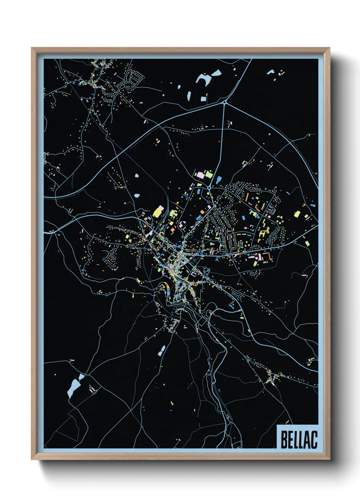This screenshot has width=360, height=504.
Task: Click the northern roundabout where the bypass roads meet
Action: [225, 102]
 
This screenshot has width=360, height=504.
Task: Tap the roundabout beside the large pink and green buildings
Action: [209, 187]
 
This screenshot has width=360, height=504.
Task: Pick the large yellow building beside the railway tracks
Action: [158, 212]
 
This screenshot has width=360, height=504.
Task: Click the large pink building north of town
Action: [201, 175]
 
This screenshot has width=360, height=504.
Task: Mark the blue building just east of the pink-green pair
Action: [218, 179]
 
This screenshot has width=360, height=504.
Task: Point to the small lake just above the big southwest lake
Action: [81, 377]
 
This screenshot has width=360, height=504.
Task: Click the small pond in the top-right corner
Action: [271, 72]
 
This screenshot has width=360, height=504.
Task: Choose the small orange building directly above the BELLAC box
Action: [288, 422]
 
